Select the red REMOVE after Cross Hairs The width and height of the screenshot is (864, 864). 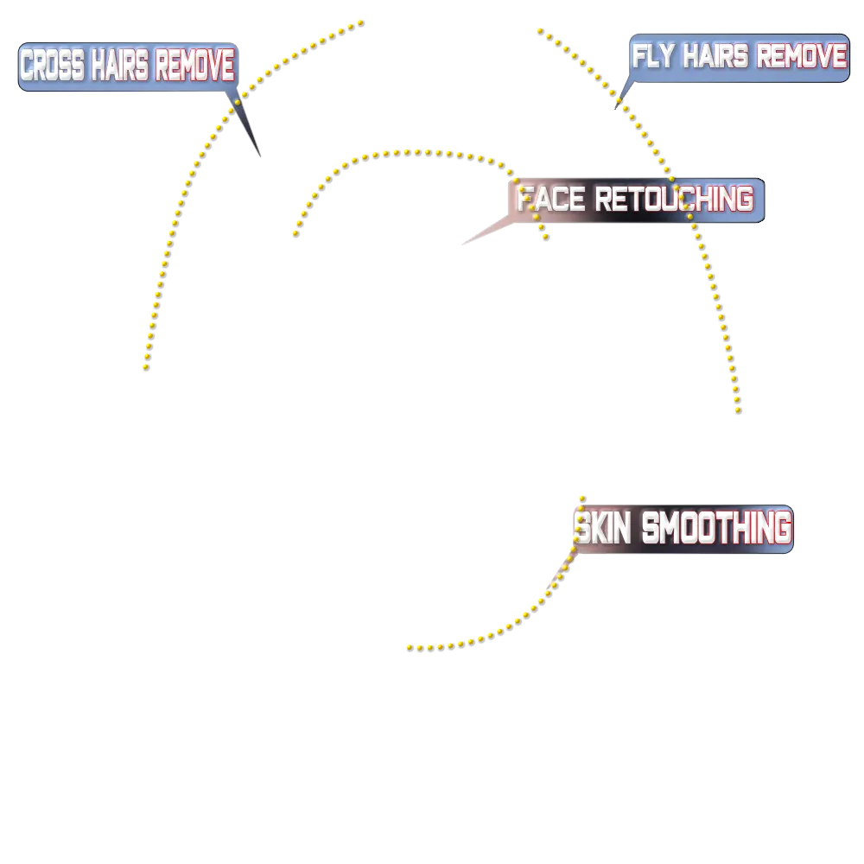[194, 66]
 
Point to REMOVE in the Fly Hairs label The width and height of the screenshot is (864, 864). [802, 57]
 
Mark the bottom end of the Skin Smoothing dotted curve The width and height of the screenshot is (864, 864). [405, 651]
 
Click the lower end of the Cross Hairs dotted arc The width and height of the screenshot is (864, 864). [143, 368]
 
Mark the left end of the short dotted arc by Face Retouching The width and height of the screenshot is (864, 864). [289, 232]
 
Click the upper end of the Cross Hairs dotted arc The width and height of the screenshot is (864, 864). [360, 20]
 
